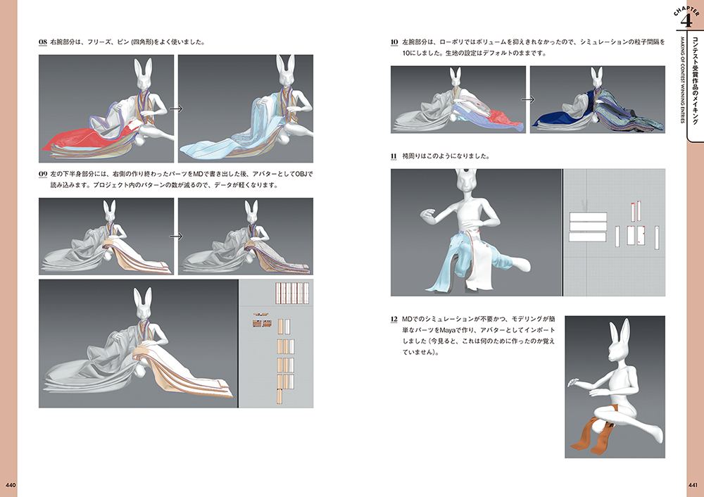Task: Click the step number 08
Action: [x=43, y=42]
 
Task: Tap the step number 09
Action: [x=43, y=174]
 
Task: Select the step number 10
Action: [x=394, y=42]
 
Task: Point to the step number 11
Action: [x=394, y=156]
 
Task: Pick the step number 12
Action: [x=394, y=319]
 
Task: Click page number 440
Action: [x=11, y=485]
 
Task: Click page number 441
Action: [x=693, y=485]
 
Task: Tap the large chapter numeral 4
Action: [x=686, y=20]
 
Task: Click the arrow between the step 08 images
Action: [x=176, y=108]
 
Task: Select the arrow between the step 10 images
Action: [x=527, y=100]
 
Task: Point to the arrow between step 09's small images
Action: [x=176, y=236]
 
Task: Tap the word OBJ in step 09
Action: [x=303, y=174]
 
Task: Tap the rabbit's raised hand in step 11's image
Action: [x=429, y=215]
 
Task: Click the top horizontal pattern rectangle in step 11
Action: [x=588, y=216]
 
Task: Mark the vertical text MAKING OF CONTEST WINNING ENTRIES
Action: [x=682, y=80]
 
